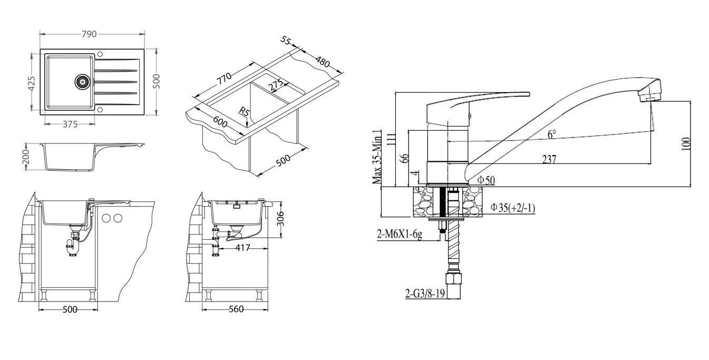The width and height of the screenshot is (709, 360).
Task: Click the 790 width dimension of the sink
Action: [x=89, y=34]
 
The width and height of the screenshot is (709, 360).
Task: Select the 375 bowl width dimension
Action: [x=70, y=124]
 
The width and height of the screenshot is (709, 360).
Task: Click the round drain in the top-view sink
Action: [x=82, y=82]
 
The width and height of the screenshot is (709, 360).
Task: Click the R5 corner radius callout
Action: [x=245, y=111]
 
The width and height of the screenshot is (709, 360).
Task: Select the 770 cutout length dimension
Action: [x=225, y=79]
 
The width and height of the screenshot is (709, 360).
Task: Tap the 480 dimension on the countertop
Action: [x=323, y=62]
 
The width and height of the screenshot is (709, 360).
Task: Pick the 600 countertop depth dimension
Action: [x=220, y=122]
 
